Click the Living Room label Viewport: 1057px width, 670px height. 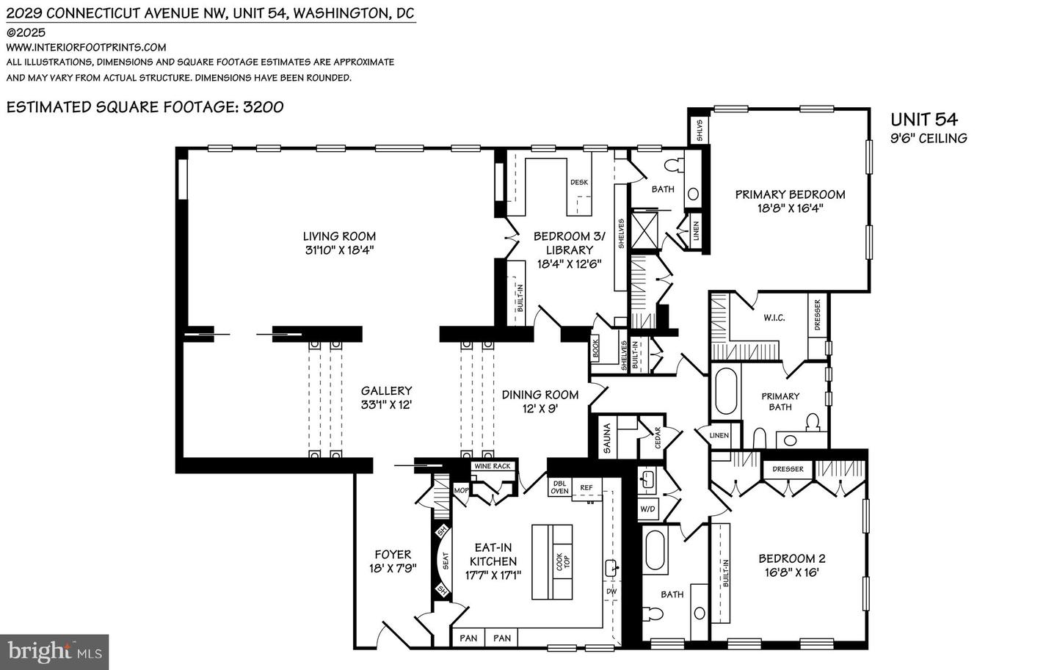pos(339,236)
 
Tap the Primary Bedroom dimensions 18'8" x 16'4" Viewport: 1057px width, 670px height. pos(790,208)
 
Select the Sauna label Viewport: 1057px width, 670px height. pos(606,439)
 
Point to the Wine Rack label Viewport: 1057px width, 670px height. pos(492,466)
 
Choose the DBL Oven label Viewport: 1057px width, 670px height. pos(559,487)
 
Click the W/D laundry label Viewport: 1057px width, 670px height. pos(647,509)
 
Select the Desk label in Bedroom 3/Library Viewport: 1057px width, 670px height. pos(578,183)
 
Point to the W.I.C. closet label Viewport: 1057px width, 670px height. pos(774,318)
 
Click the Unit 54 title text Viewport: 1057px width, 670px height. pos(923,120)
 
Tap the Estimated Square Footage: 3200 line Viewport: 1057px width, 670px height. pos(145,107)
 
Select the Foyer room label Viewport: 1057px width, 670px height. pos(393,555)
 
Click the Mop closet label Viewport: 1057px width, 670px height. pos(461,490)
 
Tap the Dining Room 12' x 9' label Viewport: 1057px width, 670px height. pos(540,401)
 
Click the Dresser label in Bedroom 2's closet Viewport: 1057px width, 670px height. pos(788,469)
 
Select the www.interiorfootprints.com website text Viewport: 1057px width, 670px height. pos(86,48)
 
